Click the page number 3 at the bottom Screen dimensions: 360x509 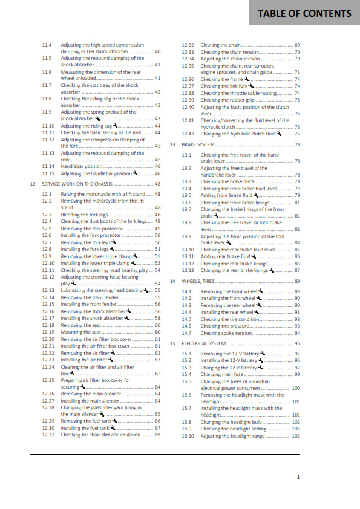click(298, 476)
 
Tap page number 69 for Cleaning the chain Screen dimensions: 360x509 click(297, 45)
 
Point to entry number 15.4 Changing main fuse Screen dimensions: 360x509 click(187, 375)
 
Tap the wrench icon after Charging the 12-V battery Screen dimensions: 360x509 click(261, 367)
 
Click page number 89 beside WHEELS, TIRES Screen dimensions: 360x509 click(297, 281)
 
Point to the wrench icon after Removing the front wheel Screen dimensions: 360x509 click(261, 291)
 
